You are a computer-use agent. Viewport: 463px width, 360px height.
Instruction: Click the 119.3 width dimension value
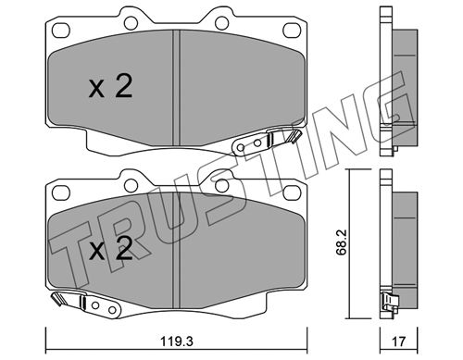coord(176,341)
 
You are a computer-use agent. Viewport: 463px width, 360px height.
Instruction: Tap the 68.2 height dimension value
coord(342,242)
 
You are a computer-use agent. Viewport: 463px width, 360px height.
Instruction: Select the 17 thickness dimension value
coord(399,341)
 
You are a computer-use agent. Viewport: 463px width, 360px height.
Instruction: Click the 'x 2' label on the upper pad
coord(110,86)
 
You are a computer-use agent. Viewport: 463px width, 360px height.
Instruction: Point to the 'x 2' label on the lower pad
coord(110,249)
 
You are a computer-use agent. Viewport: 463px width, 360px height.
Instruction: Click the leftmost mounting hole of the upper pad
coord(61,31)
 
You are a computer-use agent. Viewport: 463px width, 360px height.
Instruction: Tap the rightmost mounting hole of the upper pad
coord(292,31)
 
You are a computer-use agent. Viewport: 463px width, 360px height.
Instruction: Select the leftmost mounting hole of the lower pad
coord(61,192)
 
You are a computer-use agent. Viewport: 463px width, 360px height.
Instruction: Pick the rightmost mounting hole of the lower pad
coord(292,192)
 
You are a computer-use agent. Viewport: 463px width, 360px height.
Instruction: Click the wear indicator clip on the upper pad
coord(266,141)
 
